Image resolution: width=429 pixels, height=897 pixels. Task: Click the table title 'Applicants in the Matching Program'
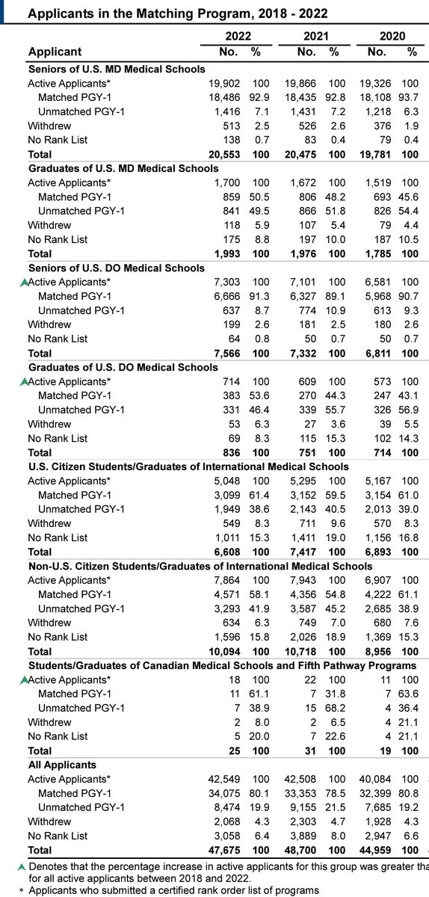point(167,13)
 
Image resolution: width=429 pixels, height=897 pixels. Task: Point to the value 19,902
point(222,83)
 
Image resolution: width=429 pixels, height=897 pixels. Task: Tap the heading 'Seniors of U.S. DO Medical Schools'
point(116,268)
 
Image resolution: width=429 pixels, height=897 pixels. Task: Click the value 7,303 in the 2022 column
point(225,282)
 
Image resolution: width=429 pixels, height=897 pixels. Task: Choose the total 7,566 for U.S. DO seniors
point(225,353)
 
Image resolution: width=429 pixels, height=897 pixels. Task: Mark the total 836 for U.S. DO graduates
point(231,452)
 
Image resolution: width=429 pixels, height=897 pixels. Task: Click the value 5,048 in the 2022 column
point(225,481)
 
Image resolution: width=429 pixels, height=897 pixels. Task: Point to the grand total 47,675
point(222,850)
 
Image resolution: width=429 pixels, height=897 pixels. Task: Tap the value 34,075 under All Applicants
point(222,793)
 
